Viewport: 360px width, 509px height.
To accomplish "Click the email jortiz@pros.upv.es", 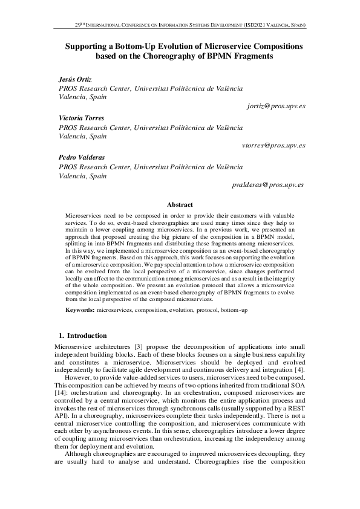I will [276, 106].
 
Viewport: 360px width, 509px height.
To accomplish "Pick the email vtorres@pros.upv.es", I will [273, 145].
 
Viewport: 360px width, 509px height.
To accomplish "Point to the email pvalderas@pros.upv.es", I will [268, 184].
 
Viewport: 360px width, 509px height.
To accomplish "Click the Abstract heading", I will [180, 205].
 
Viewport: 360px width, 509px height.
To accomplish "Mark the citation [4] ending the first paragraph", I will [299, 369].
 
